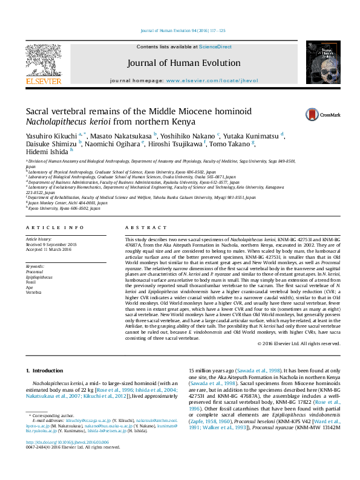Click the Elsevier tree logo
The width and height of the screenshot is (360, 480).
(43, 61)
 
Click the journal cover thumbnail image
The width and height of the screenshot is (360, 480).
(319, 63)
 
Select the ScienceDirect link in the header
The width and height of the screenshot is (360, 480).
(215, 47)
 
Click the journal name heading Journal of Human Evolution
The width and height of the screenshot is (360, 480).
(180, 63)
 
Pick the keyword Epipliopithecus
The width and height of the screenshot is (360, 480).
(41, 276)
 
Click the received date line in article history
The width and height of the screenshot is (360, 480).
(51, 244)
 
